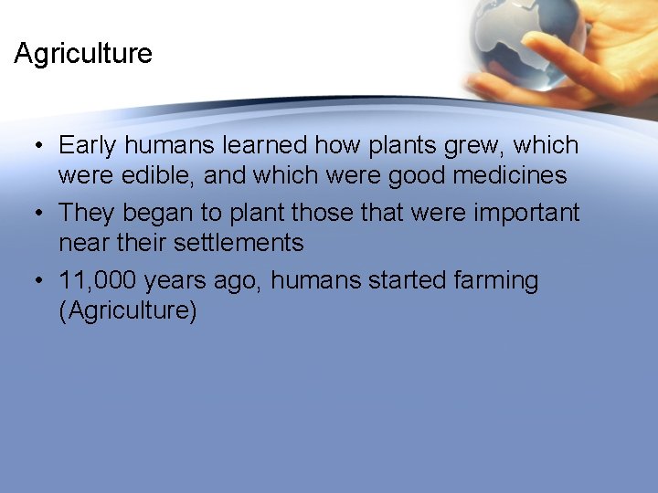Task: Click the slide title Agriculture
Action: (83, 54)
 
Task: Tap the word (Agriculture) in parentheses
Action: (127, 310)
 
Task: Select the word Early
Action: (90, 146)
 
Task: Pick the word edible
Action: (160, 175)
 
